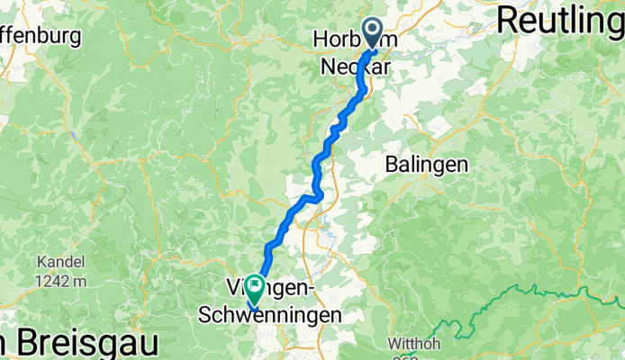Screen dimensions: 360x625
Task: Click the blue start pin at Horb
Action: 372,33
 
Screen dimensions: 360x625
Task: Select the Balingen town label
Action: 427,165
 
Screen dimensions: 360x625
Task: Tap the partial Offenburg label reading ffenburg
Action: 41,37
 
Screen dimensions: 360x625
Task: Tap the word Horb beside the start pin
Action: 336,40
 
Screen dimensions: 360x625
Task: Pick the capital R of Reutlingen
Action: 506,19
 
